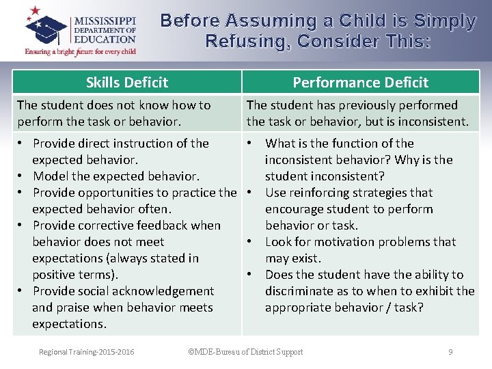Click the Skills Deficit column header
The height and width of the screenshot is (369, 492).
tap(127, 83)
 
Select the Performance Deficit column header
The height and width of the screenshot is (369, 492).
tap(360, 83)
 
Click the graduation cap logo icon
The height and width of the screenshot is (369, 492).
tap(46, 27)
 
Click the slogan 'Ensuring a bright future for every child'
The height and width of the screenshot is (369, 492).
tap(81, 51)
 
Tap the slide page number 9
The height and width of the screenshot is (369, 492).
tap(450, 352)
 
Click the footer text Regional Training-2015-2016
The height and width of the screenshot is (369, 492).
tap(87, 352)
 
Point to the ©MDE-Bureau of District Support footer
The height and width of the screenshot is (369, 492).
tap(245, 352)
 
